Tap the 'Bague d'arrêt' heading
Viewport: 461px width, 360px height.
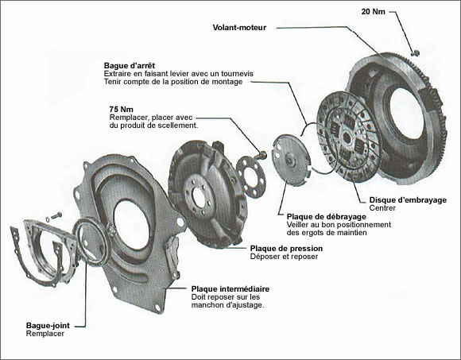pyautogui.click(x=130, y=65)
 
